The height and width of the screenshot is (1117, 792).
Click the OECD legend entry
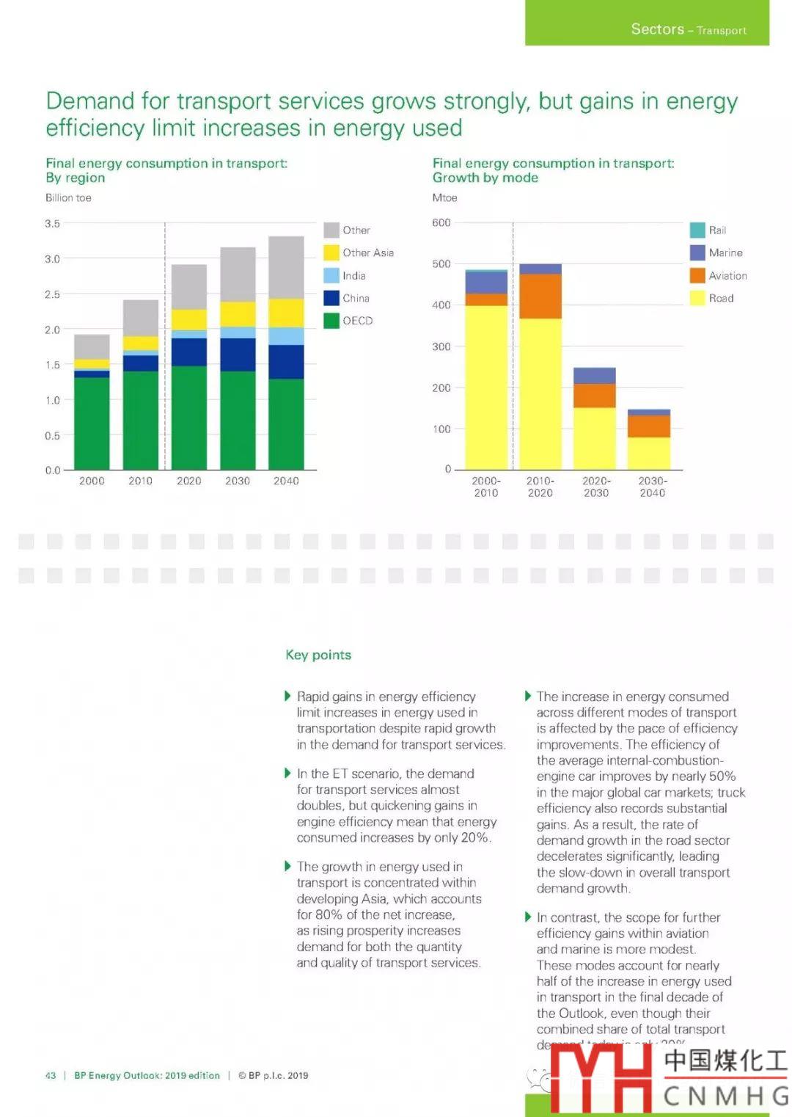[348, 321]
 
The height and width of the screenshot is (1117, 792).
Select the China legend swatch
[331, 298]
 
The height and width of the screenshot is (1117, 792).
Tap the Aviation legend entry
[719, 275]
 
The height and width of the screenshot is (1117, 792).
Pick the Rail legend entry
[708, 230]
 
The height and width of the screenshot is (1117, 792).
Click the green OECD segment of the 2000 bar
[92, 423]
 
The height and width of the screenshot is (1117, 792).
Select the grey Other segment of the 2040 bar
[286, 267]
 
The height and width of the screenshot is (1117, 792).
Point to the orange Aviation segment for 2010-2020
[540, 296]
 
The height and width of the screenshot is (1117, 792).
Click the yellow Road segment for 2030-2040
[649, 453]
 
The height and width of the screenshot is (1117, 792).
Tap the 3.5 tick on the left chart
[52, 223]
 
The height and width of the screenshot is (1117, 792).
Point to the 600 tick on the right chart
[441, 222]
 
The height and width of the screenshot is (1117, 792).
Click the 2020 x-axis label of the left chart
[188, 481]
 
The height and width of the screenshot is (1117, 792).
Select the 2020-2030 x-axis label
[595, 487]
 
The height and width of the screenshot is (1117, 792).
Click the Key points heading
[318, 655]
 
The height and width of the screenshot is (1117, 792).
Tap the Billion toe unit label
[68, 197]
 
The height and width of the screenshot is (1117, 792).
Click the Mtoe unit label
[444, 197]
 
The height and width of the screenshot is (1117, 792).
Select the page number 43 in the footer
[51, 1075]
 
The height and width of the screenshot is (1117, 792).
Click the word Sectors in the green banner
[657, 29]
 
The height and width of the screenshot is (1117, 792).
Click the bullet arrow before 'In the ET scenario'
[287, 773]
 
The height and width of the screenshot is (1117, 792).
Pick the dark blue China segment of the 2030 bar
[238, 354]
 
